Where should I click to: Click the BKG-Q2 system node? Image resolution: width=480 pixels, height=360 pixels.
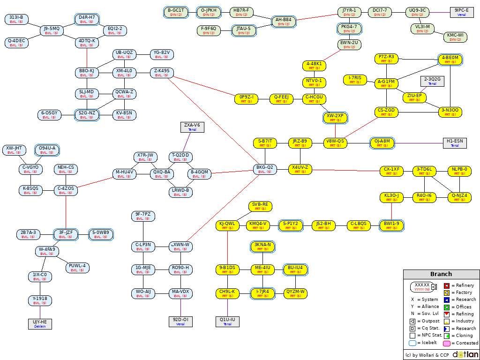click(x=265, y=169)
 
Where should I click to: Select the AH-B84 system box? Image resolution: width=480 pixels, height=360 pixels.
click(x=284, y=22)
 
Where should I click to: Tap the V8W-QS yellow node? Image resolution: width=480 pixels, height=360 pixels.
click(x=335, y=143)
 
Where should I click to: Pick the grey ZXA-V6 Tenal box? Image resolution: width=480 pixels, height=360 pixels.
click(x=192, y=127)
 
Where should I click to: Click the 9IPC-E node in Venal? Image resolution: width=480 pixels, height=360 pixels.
click(x=462, y=12)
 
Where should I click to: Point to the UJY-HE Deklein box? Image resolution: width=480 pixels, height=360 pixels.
click(x=40, y=324)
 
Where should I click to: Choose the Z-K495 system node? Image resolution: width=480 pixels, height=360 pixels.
click(x=162, y=73)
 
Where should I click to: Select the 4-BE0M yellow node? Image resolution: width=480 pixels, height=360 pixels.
click(x=450, y=59)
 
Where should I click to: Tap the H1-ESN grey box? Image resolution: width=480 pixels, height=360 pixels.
click(x=455, y=143)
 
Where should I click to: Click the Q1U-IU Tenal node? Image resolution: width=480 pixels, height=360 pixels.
click(x=227, y=322)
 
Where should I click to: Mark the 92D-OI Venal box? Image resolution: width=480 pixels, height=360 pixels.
click(x=180, y=322)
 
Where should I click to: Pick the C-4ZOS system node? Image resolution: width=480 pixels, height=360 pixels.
click(x=66, y=190)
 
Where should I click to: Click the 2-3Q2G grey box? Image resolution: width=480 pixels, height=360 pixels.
click(x=432, y=81)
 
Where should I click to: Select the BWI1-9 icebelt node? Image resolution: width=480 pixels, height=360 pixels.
click(x=391, y=225)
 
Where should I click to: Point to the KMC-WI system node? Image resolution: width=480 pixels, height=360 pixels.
click(x=455, y=37)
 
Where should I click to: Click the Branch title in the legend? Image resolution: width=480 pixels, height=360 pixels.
click(x=441, y=274)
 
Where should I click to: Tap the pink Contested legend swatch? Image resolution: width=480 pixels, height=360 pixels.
click(x=447, y=343)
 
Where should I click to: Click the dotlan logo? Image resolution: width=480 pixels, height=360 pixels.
click(x=465, y=354)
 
